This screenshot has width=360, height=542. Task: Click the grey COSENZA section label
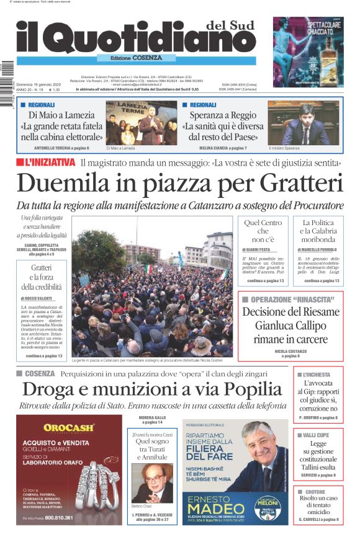pos(39,373)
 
